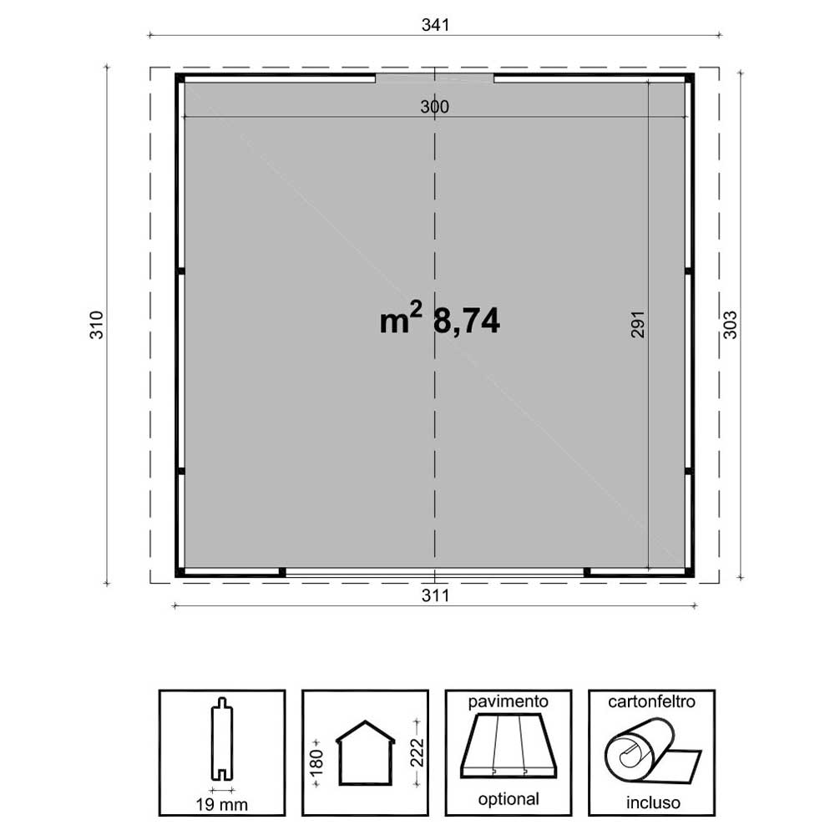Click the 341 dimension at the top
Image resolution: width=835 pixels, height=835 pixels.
pyautogui.click(x=435, y=25)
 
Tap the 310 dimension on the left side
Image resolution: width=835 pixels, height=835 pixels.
pyautogui.click(x=96, y=325)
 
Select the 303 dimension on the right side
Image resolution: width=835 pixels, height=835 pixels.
pyautogui.click(x=730, y=325)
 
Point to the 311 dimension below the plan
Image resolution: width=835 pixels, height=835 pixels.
pyautogui.click(x=435, y=595)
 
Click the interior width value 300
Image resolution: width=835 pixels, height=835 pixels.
pyautogui.click(x=434, y=107)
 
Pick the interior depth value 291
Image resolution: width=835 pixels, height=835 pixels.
pyautogui.click(x=637, y=324)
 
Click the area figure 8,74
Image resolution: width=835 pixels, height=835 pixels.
pyautogui.click(x=467, y=321)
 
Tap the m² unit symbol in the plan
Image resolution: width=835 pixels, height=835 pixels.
pyautogui.click(x=401, y=317)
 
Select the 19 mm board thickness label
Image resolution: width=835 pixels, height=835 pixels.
pyautogui.click(x=221, y=804)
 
